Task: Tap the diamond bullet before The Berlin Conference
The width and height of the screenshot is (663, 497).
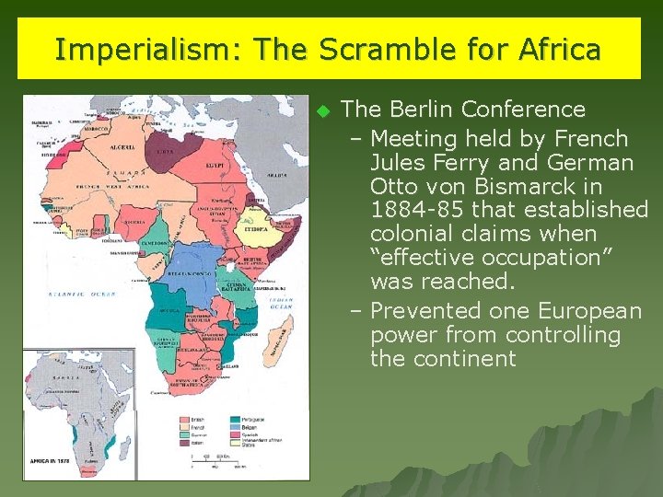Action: [x=322, y=111]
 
